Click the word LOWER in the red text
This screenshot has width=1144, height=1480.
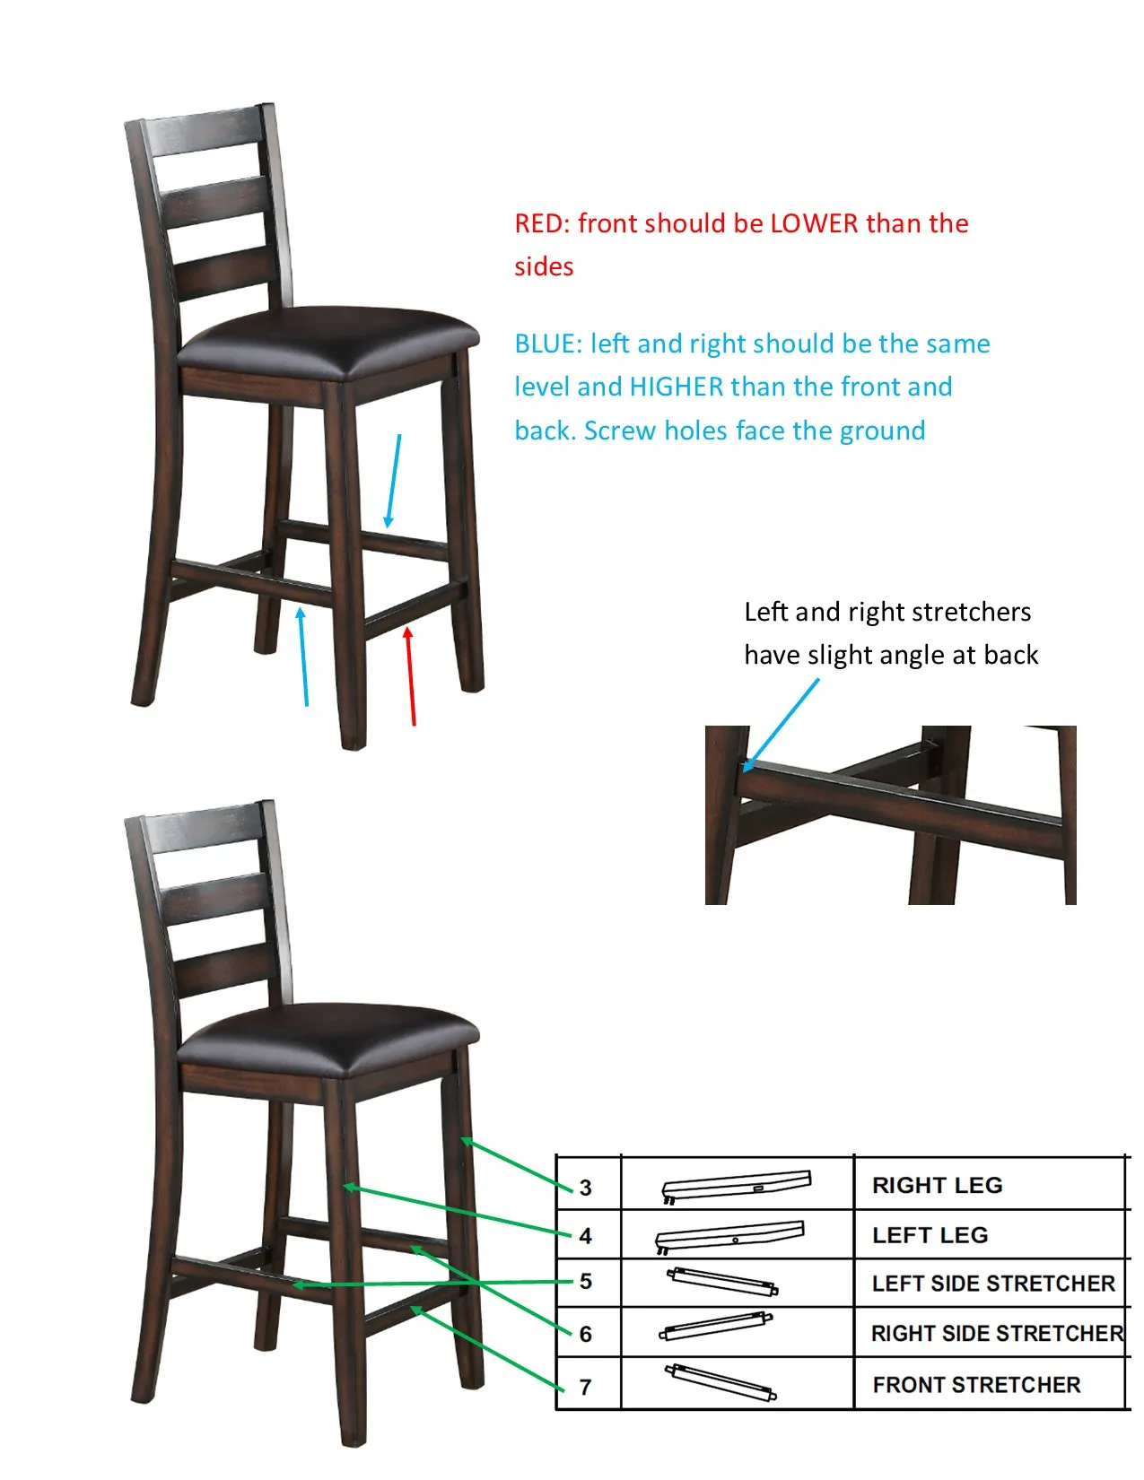click(814, 223)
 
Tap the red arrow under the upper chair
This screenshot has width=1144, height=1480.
click(410, 676)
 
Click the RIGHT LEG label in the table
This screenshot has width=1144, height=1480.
click(937, 1186)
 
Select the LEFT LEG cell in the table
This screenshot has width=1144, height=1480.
click(930, 1235)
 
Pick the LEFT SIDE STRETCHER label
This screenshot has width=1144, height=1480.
click(993, 1284)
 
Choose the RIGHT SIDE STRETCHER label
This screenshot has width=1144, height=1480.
click(998, 1333)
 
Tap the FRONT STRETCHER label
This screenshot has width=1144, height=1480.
click(976, 1385)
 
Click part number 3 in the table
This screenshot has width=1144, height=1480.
click(585, 1188)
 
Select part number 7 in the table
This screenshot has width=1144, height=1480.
click(585, 1388)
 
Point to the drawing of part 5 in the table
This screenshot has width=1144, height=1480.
click(722, 1281)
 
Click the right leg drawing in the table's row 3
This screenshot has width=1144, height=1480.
click(737, 1187)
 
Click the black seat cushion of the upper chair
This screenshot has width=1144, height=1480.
click(329, 338)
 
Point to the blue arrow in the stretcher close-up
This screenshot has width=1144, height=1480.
click(780, 726)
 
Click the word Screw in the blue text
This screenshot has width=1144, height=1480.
click(619, 431)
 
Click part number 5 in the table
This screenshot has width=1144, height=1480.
click(585, 1282)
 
